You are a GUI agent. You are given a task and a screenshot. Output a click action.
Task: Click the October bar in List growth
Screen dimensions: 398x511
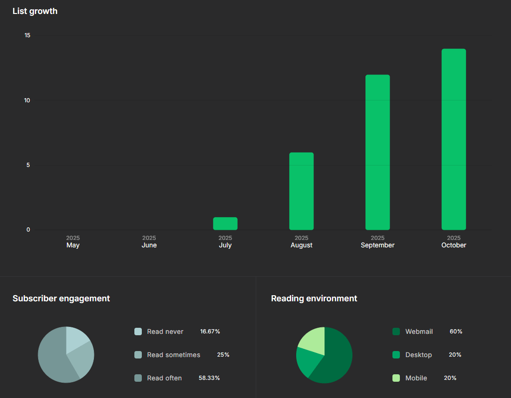453,139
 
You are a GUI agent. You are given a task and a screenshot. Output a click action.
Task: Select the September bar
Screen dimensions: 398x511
378,153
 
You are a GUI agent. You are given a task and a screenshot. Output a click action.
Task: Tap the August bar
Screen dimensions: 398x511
301,191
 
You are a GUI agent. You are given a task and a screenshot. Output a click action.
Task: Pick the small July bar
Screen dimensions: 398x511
225,224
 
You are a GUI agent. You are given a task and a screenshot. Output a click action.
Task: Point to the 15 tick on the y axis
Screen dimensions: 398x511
27,35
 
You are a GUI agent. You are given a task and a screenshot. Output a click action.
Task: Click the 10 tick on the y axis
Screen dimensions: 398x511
27,100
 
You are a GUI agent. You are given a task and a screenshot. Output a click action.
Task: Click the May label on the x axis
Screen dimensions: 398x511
73,245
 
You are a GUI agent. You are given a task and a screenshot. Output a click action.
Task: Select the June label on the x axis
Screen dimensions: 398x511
149,245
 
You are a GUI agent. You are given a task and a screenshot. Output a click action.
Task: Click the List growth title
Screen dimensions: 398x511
35,11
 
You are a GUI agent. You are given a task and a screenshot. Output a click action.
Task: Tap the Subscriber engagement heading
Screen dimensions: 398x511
61,298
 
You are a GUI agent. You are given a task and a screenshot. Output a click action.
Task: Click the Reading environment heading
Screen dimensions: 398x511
314,298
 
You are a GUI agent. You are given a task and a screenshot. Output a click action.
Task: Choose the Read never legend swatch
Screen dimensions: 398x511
138,332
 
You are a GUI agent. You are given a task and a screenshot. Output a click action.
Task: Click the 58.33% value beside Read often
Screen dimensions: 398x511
209,378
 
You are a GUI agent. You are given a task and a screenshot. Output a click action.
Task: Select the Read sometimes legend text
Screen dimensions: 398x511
173,355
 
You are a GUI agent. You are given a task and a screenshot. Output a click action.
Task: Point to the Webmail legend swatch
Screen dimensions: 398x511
396,332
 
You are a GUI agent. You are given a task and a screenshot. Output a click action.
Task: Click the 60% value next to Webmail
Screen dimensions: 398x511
456,332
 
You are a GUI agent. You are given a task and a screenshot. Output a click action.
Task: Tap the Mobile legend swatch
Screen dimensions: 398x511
396,378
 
